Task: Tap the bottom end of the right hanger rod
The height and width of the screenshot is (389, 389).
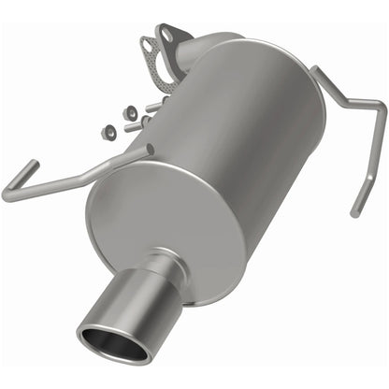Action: point(354,212)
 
